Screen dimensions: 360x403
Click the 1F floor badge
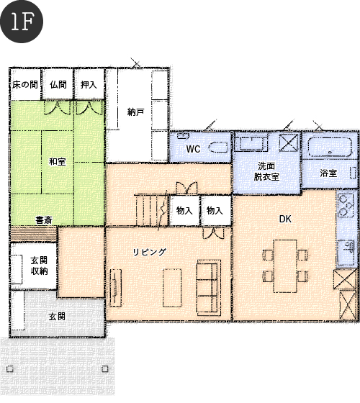[x=22, y=22]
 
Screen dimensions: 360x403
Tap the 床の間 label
[x=25, y=85]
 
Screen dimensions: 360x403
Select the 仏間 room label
[x=58, y=85]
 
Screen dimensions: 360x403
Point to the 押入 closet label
[x=89, y=85]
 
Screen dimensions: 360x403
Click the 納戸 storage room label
[x=135, y=112]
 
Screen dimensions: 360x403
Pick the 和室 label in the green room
[x=58, y=162]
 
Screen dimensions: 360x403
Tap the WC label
[x=193, y=149]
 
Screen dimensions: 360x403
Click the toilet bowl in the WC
[x=218, y=148]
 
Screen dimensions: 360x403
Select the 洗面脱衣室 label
[x=266, y=171]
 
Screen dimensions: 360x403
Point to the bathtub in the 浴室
[x=330, y=147]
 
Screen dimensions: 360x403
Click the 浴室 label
[x=328, y=173]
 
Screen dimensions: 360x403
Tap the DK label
[x=285, y=219]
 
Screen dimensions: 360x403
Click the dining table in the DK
[x=285, y=266]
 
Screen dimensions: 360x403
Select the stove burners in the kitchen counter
[x=346, y=206]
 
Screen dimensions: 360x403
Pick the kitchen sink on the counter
[x=346, y=246]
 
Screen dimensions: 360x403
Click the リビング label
[x=150, y=252]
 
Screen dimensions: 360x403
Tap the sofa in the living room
[x=209, y=287]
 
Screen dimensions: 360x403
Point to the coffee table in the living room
[x=172, y=288]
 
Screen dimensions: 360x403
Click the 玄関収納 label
[x=39, y=266]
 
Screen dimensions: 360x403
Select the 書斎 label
[x=44, y=220]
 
